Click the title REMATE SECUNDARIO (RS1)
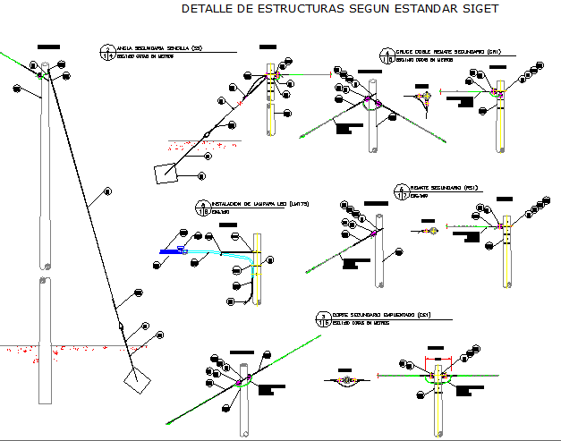(436, 188)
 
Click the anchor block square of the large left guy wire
(135, 383)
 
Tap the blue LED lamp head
(170, 251)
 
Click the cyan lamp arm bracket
(219, 253)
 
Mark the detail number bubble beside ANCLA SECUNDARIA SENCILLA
(106, 52)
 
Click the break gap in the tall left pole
(44, 273)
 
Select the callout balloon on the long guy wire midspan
(107, 191)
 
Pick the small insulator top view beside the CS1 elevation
(345, 380)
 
